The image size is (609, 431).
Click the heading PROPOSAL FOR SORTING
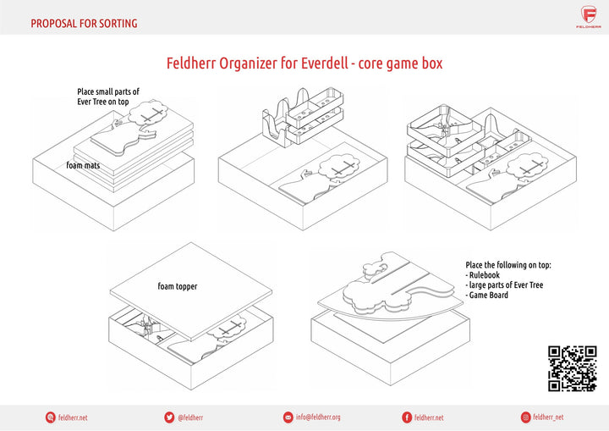click(84, 24)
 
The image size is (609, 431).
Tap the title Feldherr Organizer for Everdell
click(304, 64)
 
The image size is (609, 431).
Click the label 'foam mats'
click(83, 166)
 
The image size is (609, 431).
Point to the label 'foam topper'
click(177, 286)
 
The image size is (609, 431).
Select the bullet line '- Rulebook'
click(485, 274)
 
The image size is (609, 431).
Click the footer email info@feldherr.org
click(318, 417)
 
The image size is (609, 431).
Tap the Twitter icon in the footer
click(169, 417)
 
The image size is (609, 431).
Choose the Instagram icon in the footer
click(525, 417)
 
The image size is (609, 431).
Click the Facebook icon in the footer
click(407, 417)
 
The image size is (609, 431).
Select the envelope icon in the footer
click(288, 417)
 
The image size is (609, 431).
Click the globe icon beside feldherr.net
click(50, 417)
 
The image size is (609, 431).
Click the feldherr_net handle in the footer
click(549, 417)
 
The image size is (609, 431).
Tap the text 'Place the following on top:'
click(507, 264)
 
